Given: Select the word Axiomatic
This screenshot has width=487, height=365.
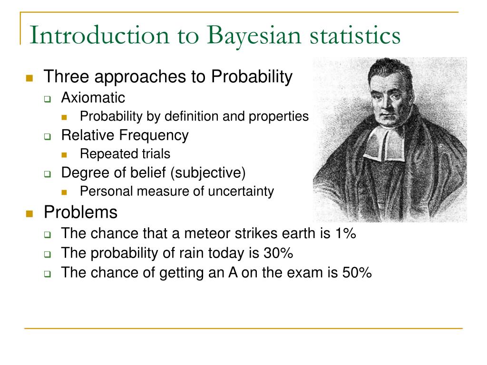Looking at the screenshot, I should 93,98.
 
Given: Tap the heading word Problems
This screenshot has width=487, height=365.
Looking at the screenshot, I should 80,212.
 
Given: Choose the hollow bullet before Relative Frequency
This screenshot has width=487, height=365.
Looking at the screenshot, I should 48,136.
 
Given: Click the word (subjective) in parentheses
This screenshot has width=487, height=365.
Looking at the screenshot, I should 208,173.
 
